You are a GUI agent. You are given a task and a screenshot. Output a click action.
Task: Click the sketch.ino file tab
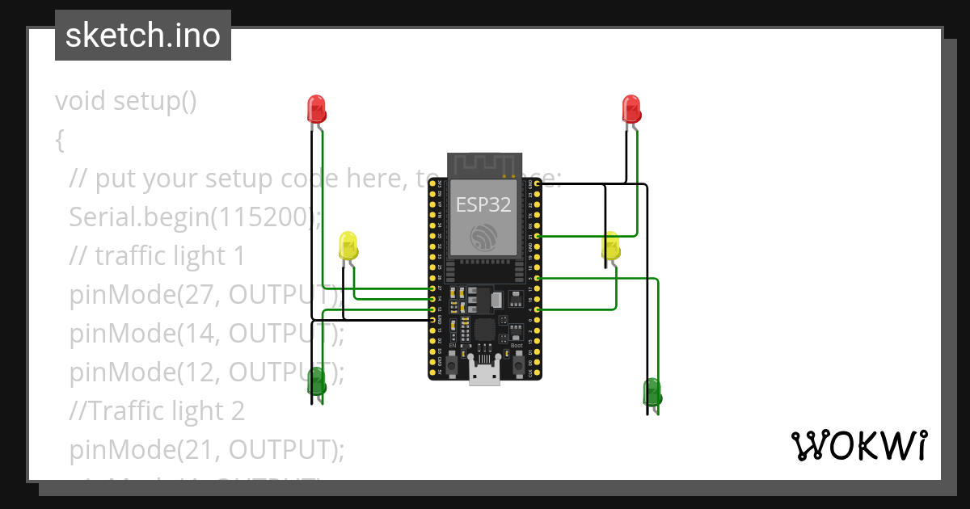[142, 36]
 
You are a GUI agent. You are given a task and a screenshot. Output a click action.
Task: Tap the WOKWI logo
[858, 445]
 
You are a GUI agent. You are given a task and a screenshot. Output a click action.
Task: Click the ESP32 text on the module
[483, 204]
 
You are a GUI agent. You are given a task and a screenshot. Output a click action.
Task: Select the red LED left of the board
[316, 108]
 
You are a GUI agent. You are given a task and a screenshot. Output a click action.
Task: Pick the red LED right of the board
[630, 108]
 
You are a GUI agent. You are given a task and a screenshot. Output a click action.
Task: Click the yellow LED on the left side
[348, 245]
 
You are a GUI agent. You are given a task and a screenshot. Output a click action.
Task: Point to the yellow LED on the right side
[611, 245]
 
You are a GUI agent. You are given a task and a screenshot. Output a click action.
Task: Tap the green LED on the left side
[316, 380]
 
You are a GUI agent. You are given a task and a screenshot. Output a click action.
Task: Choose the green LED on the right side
[652, 391]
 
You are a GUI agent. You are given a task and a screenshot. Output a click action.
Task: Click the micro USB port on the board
[485, 372]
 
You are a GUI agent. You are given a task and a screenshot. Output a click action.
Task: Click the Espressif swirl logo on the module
[483, 235]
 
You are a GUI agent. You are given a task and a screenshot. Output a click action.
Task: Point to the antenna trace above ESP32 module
[483, 165]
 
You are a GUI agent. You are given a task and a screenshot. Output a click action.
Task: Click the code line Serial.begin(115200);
[195, 217]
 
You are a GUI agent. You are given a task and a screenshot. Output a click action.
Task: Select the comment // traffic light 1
[157, 255]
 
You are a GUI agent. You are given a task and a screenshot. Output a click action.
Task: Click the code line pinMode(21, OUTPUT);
[206, 449]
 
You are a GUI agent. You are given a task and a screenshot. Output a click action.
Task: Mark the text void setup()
[125, 101]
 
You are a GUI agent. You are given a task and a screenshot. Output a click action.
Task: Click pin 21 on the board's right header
[538, 236]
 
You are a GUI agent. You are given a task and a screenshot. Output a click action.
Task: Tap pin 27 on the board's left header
[432, 288]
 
